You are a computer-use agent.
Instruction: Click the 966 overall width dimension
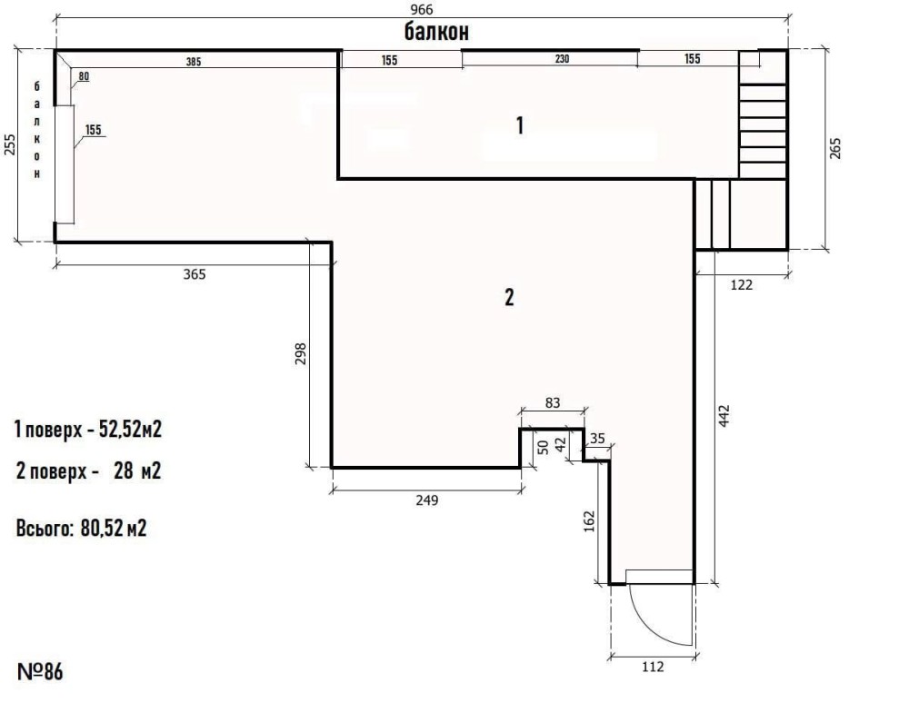click(422, 10)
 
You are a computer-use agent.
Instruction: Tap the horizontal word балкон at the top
click(436, 32)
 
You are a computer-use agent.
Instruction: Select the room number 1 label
click(520, 125)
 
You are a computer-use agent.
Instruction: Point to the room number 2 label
click(509, 297)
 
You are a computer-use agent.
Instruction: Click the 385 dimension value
click(194, 62)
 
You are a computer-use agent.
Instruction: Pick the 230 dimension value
click(562, 59)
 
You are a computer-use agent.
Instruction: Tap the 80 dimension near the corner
click(84, 76)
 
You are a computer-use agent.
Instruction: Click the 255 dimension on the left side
click(10, 144)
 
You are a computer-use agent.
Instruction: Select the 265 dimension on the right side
click(834, 148)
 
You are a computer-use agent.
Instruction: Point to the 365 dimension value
click(195, 274)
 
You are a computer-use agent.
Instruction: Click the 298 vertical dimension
click(300, 354)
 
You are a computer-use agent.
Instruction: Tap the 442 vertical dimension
click(724, 416)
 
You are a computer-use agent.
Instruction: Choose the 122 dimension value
click(742, 285)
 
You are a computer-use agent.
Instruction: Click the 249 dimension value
click(427, 500)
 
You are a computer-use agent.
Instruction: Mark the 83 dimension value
click(553, 402)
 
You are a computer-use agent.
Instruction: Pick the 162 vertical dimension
click(589, 521)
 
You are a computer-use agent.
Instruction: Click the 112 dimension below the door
click(653, 668)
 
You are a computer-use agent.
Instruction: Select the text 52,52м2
click(130, 430)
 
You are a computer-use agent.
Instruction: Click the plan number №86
click(40, 672)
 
